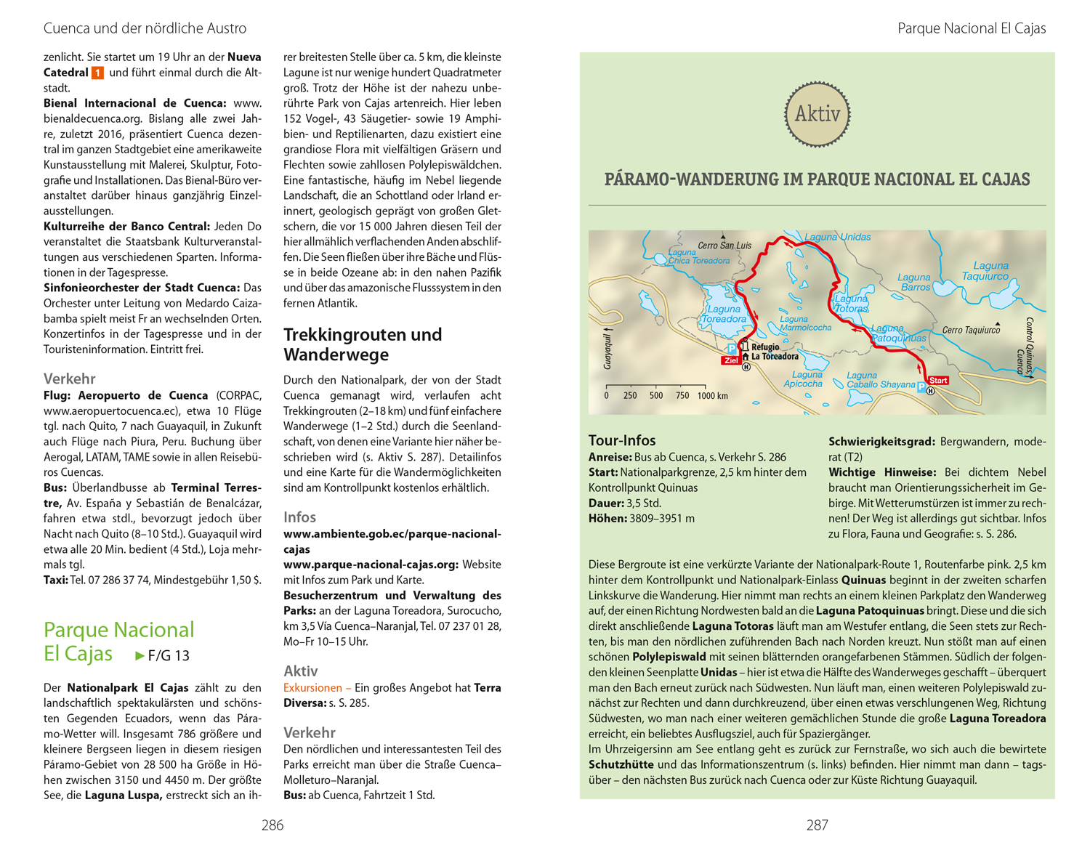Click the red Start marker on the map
(938, 380)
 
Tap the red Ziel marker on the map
(731, 360)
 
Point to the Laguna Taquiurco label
(986, 271)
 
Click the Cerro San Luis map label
(724, 246)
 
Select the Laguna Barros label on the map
(914, 282)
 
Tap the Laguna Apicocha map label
(803, 379)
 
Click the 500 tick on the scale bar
(656, 396)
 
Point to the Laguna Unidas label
(837, 237)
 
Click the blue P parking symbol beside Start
(921, 388)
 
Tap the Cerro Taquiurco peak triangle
(998, 323)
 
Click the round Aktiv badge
(817, 114)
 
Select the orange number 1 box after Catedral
(97, 73)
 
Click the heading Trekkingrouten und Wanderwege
(363, 344)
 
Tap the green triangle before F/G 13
(140, 656)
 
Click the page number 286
(272, 825)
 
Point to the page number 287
(817, 825)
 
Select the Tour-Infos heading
(622, 440)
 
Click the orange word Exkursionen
(312, 688)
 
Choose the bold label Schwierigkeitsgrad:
(881, 442)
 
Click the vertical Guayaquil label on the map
(608, 349)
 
